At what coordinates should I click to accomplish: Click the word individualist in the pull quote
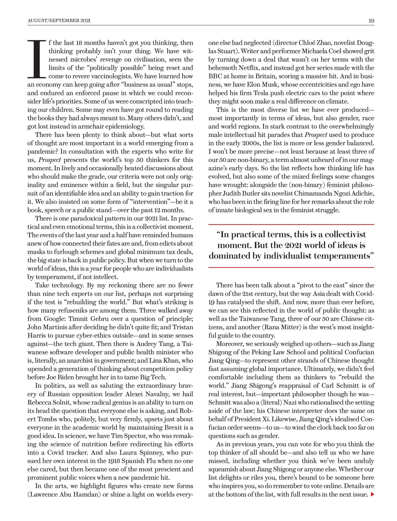[302, 256]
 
